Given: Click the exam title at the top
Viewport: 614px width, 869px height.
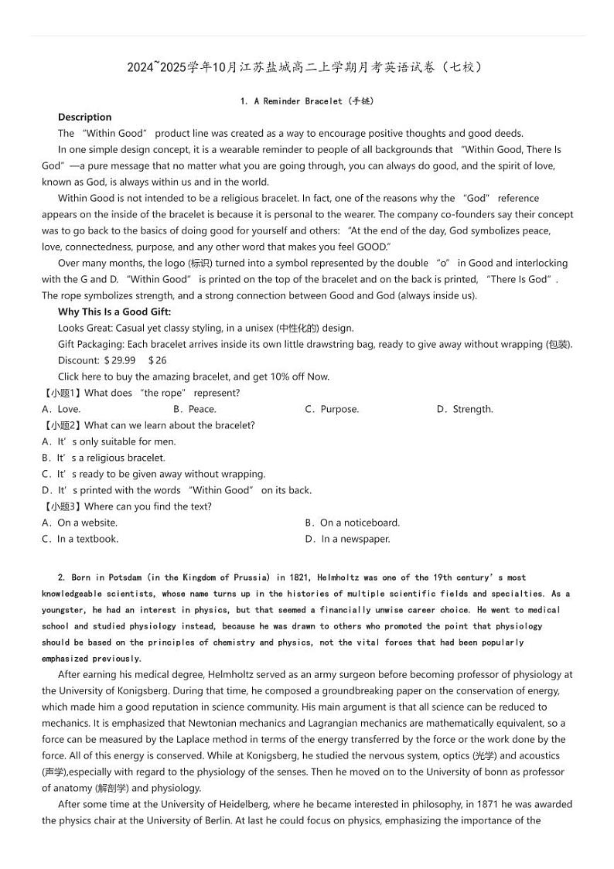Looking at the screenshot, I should click(x=307, y=67).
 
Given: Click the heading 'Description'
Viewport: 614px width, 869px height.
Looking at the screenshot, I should click(x=84, y=117).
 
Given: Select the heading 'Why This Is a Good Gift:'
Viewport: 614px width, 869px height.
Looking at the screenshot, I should click(x=114, y=312).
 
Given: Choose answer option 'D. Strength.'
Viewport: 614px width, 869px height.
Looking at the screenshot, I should click(x=464, y=409).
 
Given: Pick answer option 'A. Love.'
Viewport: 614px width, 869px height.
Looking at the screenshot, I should click(x=61, y=409).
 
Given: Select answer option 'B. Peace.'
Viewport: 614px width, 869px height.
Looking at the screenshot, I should click(x=195, y=409).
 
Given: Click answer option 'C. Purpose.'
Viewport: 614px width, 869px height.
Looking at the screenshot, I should click(x=332, y=409).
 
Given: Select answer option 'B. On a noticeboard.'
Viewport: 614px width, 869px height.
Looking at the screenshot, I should click(x=352, y=523).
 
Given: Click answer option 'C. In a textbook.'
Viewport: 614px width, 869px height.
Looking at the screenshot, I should click(x=80, y=539).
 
